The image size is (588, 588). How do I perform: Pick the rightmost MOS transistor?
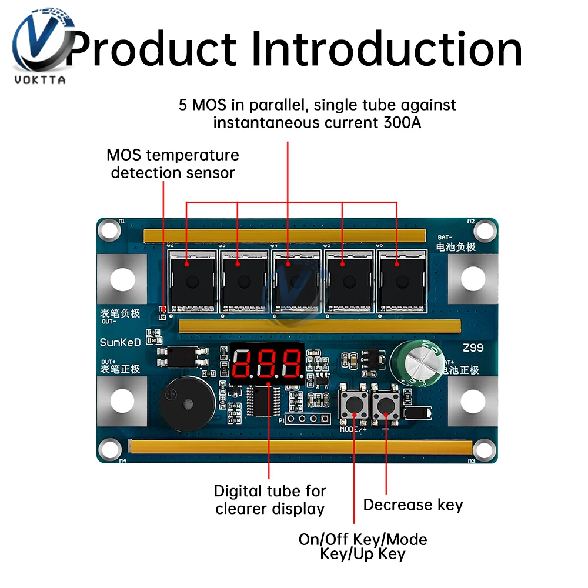(400, 280)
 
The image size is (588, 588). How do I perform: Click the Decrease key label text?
(413, 505)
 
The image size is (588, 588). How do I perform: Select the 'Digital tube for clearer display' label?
(270, 500)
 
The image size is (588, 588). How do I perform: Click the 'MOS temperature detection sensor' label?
(173, 164)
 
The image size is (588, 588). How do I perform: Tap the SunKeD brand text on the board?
(120, 342)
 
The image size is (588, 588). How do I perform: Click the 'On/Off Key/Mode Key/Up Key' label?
(363, 546)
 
